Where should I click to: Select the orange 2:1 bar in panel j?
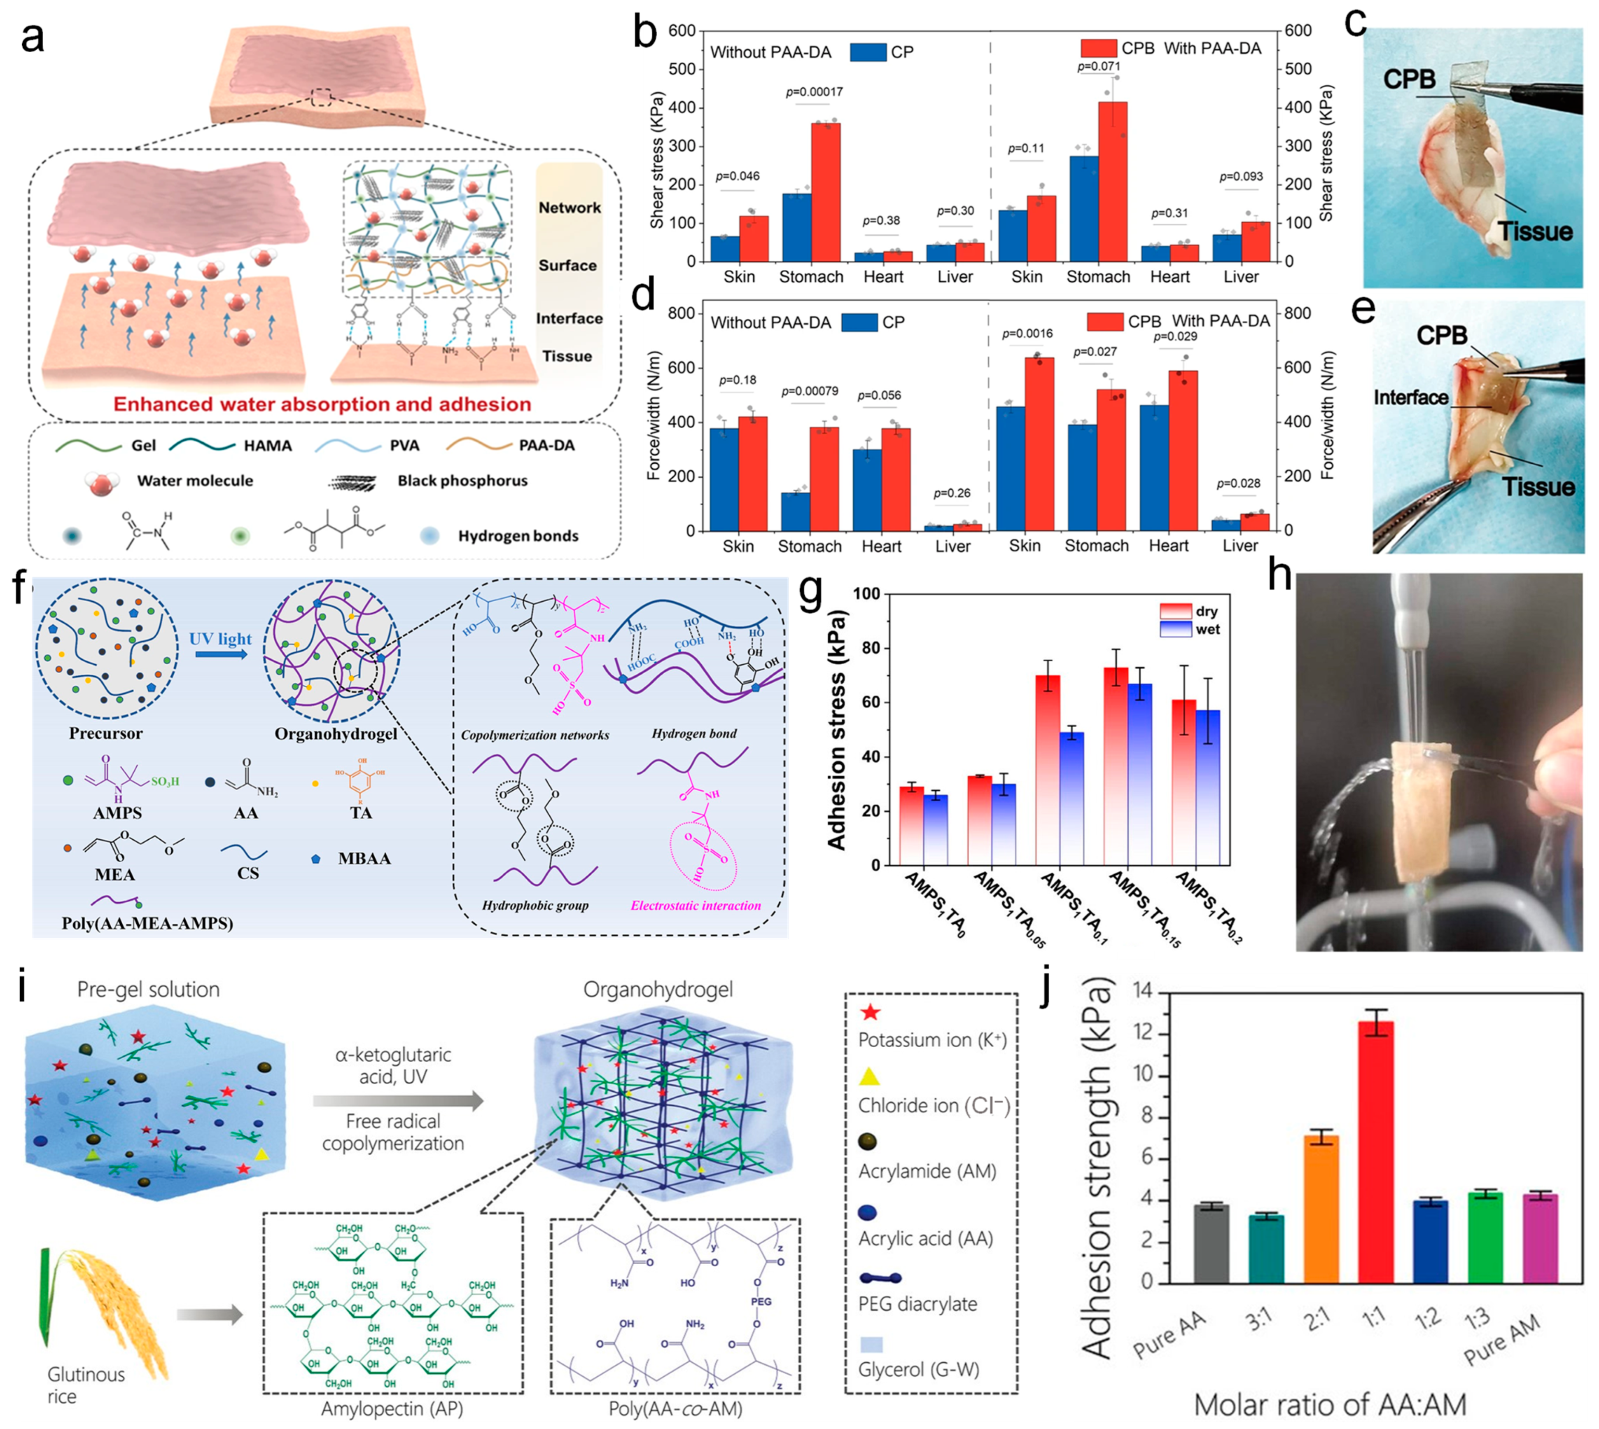pos(1321,1209)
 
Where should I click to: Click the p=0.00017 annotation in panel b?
pos(814,92)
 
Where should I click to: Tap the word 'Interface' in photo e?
pos(1411,398)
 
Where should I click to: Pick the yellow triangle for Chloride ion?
pos(869,1076)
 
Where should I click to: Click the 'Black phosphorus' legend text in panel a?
pos(462,481)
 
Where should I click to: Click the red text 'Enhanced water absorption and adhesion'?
pos(322,404)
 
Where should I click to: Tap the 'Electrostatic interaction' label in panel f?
pos(696,905)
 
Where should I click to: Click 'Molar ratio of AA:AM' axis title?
pos(1330,1404)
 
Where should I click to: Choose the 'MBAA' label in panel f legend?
pos(364,858)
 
